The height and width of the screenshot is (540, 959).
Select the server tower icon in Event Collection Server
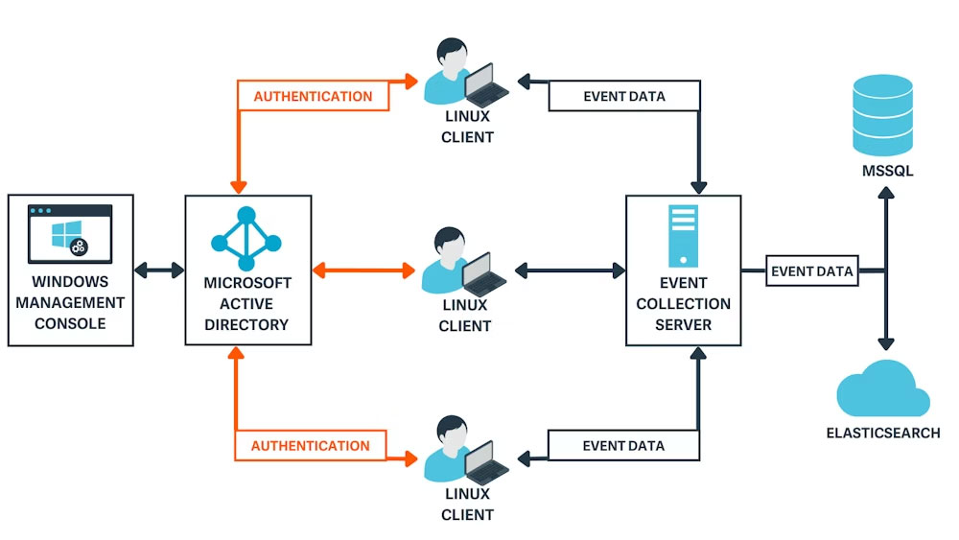coord(683,236)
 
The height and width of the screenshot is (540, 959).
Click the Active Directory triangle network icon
coord(246,237)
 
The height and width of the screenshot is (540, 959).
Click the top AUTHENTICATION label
coord(313,96)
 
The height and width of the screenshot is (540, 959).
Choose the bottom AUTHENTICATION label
coord(310,446)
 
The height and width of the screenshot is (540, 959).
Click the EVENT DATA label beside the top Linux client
coord(624,96)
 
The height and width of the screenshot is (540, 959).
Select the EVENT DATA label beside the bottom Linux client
coord(623,446)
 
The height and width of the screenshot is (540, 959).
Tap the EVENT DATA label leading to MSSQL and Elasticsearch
coord(811,271)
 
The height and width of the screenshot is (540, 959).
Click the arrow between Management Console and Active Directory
coord(159,270)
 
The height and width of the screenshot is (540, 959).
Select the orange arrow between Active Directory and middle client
coord(363,270)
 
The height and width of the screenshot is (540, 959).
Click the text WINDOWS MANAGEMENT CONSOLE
coord(70,303)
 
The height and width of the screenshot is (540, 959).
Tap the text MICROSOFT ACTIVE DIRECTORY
coord(246,304)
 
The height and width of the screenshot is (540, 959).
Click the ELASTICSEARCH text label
coord(883,433)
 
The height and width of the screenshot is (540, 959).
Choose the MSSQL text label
coord(887,172)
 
